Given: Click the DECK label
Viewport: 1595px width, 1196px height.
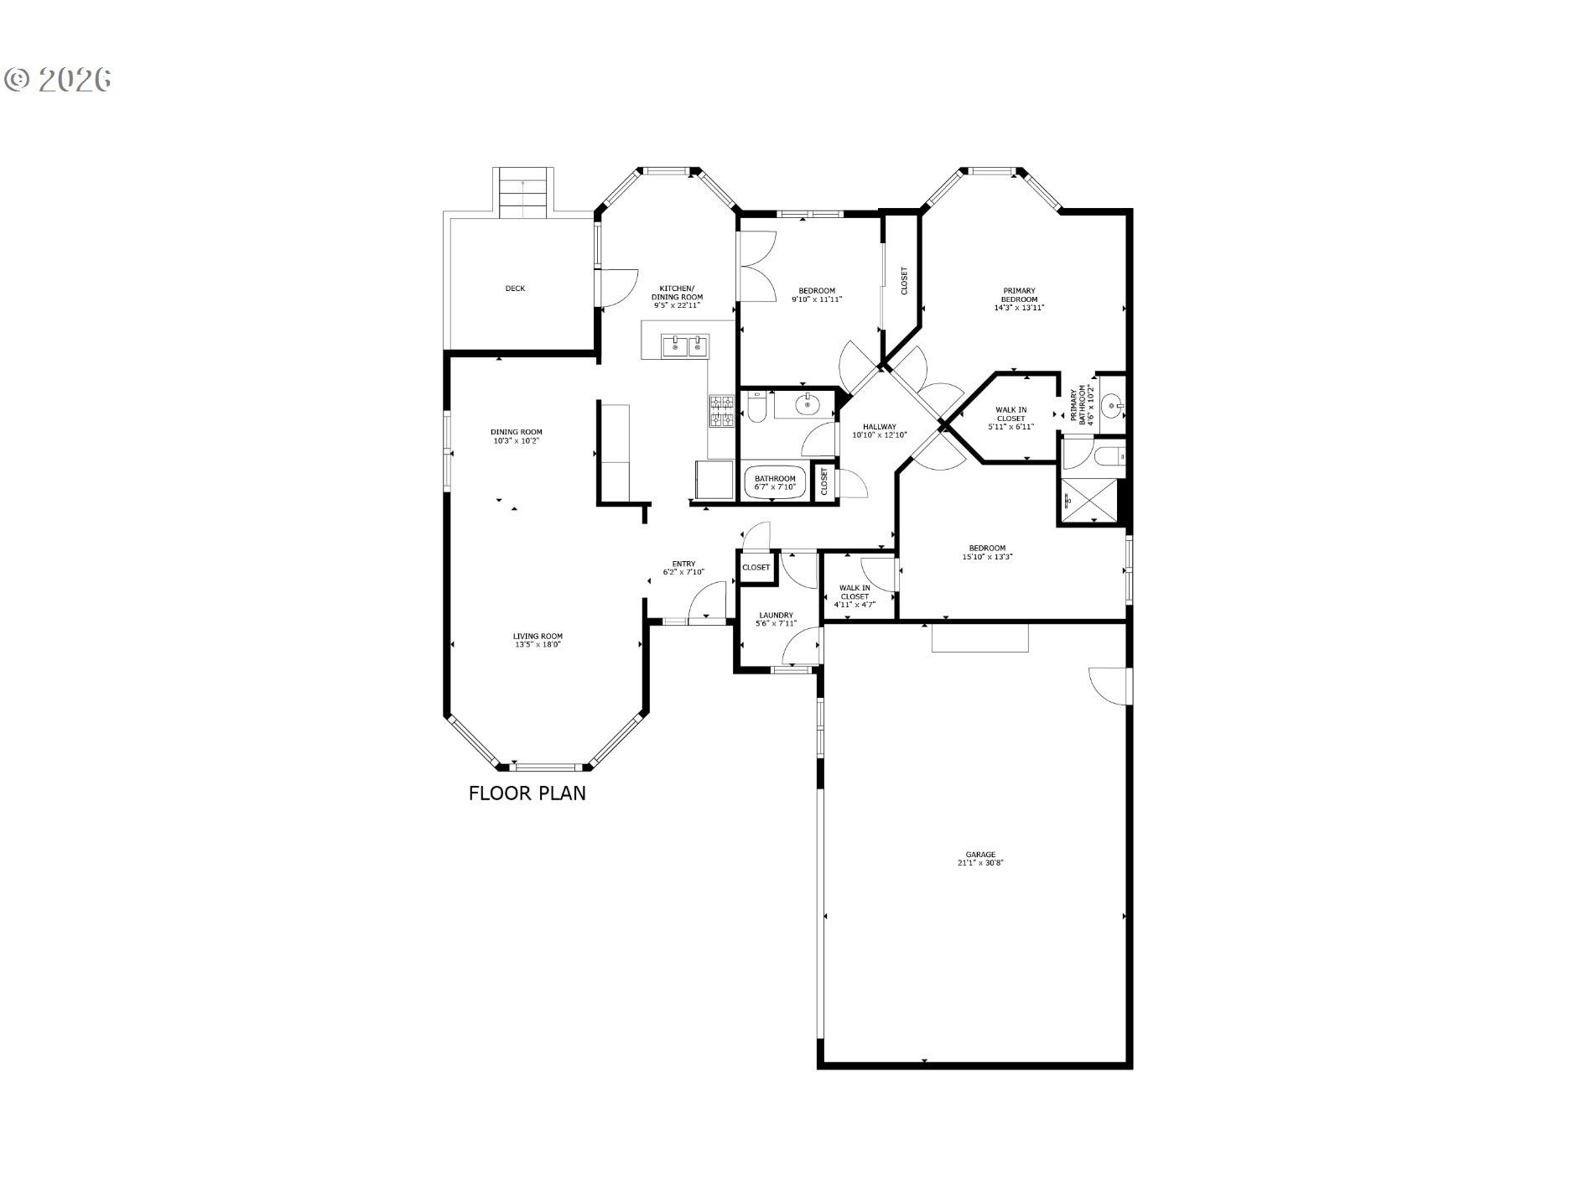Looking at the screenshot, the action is [x=515, y=289].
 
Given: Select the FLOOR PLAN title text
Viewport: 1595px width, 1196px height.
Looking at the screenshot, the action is [x=527, y=793].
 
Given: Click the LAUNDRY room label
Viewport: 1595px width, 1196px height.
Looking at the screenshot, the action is [x=776, y=615].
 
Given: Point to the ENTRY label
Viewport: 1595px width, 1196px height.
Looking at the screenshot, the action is [x=683, y=564].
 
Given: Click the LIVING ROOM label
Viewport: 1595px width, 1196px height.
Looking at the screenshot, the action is [x=538, y=636].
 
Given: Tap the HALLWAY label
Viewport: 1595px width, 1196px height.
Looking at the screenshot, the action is [x=880, y=426].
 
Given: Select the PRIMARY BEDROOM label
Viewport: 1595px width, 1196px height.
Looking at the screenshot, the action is [x=1019, y=295].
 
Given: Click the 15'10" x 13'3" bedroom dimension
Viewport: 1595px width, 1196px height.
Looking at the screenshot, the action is [x=987, y=557].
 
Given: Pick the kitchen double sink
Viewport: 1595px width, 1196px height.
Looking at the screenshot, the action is [x=686, y=346].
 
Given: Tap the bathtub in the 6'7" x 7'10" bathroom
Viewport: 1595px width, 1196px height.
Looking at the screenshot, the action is [x=775, y=482].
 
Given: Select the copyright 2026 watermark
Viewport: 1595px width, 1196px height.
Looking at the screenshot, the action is [x=58, y=79].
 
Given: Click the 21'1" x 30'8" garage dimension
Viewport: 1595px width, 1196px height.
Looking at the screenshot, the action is [x=980, y=862].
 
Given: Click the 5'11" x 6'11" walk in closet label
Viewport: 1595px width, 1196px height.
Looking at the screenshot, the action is [x=1011, y=418].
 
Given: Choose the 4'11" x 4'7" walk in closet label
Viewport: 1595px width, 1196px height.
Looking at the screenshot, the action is [x=855, y=595].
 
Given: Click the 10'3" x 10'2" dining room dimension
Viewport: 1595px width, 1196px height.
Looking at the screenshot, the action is [x=517, y=440].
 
